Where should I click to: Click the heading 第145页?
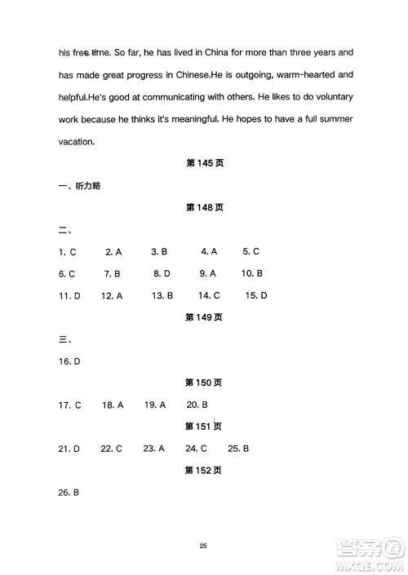click(x=205, y=163)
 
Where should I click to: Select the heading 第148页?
click(x=205, y=207)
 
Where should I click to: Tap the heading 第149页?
click(x=205, y=316)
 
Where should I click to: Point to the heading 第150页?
click(x=205, y=383)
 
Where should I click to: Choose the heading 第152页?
click(x=205, y=471)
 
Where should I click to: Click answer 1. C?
click(x=68, y=251)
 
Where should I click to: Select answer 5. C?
click(x=251, y=251)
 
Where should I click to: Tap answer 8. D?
click(x=162, y=273)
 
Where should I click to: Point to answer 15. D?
click(x=256, y=295)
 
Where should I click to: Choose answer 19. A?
click(x=155, y=405)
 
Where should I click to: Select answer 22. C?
click(x=111, y=449)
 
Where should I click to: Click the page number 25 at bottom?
click(x=204, y=546)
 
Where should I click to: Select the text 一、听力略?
click(x=79, y=185)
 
